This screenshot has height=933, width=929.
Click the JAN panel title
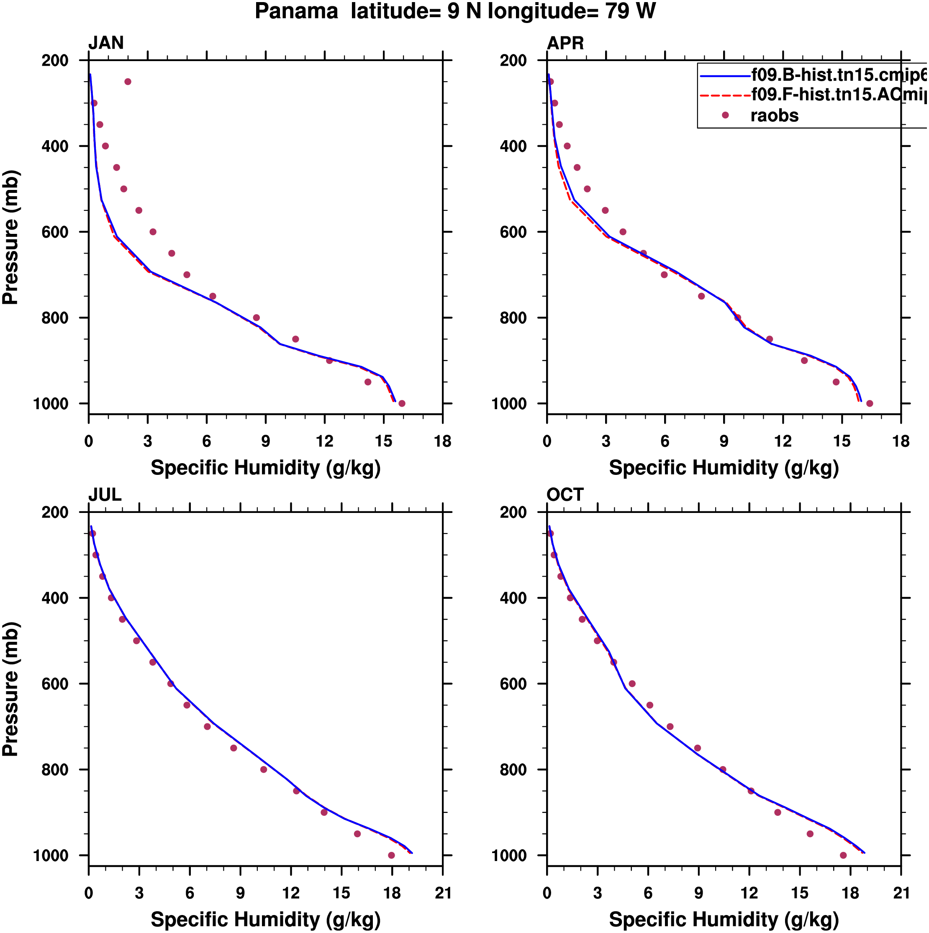tap(106, 43)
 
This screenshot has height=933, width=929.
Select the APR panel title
tap(565, 43)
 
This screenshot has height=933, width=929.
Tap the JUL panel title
tap(105, 495)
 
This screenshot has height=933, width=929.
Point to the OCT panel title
tap(565, 495)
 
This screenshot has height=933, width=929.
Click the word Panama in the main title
tap(296, 11)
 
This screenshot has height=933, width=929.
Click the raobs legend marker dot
tap(725, 115)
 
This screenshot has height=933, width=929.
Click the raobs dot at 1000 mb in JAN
tap(402, 403)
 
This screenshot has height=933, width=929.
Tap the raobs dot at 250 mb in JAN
tap(128, 82)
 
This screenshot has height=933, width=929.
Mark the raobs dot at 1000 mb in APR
tap(870, 403)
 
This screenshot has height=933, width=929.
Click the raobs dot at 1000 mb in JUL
tap(391, 855)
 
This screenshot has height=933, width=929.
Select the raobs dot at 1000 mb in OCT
tap(843, 855)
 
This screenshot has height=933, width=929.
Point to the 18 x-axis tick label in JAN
tap(442, 441)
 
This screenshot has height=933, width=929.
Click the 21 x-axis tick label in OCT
tap(901, 893)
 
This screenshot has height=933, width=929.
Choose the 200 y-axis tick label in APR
tap(513, 60)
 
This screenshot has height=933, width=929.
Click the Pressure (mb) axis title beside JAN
tap(10, 237)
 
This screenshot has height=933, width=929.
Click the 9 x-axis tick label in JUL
tap(240, 893)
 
